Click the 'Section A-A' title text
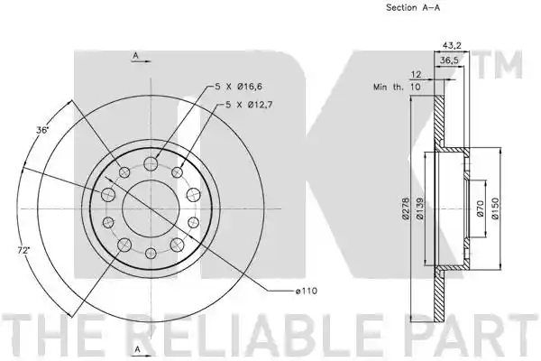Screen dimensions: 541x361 413,7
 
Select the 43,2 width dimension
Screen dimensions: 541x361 452,45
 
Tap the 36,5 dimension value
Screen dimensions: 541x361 449,60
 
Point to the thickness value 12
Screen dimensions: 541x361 417,74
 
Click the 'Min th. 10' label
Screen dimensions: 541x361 397,87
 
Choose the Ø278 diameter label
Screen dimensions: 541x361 406,208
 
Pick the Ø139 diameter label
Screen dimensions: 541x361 420,208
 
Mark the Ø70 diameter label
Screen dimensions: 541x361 481,208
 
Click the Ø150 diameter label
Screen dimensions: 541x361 495,208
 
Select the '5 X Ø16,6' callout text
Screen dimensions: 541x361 238,87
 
